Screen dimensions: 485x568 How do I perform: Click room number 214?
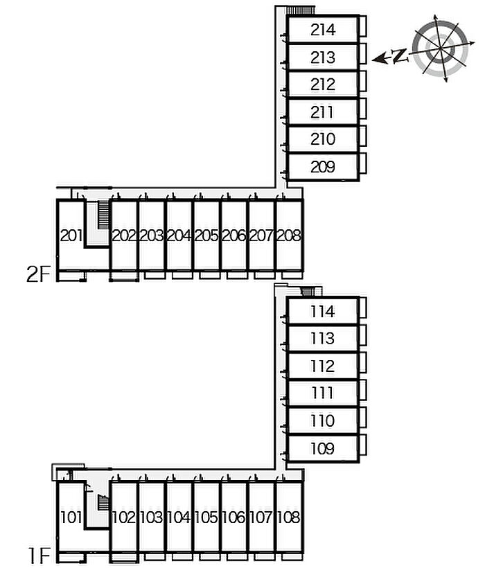point(323,30)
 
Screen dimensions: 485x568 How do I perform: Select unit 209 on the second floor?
point(323,167)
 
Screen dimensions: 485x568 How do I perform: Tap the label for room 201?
point(71,236)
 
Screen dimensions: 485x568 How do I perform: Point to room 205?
point(206,236)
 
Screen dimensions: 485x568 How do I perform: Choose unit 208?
point(289,236)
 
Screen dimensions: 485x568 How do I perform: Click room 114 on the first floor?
point(323,312)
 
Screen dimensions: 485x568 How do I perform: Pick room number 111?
point(323,393)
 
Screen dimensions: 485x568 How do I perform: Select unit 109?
point(323,448)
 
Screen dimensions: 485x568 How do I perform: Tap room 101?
point(71,517)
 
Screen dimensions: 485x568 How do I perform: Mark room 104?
point(179,517)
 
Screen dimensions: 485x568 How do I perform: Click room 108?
point(289,517)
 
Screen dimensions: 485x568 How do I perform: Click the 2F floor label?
point(38,274)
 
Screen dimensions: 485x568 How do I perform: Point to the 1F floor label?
point(39,556)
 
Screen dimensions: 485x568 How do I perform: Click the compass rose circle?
point(441,48)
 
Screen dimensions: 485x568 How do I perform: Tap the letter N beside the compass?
point(400,56)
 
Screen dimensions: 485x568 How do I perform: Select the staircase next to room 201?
point(103,215)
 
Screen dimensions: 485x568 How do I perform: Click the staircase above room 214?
point(300,10)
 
